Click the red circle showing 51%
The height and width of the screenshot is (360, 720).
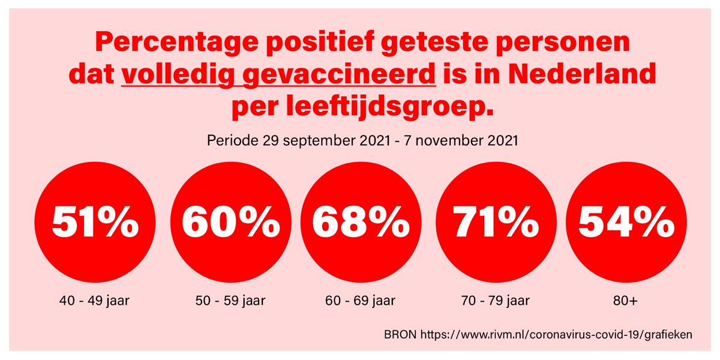click(x=93, y=224)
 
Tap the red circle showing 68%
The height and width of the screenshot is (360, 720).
click(x=361, y=224)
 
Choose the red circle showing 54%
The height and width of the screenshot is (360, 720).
click(x=626, y=224)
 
